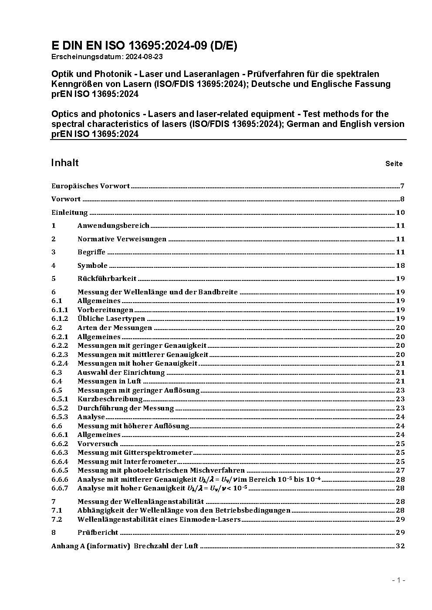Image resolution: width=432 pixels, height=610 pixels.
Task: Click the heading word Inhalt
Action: pos(65,163)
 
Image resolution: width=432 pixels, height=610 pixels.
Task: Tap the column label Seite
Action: pos(394,164)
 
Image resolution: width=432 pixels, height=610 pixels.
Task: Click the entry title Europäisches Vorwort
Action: pos(91,186)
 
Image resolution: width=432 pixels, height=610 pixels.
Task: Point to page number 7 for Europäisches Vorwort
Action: pos(402,186)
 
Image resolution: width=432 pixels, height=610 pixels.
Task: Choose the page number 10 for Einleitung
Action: pos(400,213)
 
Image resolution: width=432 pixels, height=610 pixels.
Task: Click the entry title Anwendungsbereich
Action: pos(113,226)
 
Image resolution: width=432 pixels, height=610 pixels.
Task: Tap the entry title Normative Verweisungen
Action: pos(122,239)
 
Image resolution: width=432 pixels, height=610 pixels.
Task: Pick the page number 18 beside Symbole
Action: pos(400,266)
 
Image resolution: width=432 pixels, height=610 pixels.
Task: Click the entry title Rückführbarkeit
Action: pos(107,279)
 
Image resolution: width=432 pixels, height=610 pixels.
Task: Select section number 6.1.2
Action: pos(60,319)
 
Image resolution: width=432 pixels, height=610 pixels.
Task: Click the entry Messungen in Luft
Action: pos(109,381)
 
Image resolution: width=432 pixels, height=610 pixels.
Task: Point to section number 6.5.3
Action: pos(60,417)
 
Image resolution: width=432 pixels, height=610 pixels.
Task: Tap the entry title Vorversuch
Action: pos(98,444)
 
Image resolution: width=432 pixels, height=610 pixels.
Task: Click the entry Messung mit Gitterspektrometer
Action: pos(135,453)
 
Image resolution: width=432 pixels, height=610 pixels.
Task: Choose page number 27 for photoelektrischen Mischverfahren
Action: pos(400,470)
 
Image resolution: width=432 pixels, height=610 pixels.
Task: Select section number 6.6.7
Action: pos(60,488)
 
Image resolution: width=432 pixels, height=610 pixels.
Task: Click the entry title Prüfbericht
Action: pos(98,533)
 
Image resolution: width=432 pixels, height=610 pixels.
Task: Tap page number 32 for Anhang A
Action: pos(400,546)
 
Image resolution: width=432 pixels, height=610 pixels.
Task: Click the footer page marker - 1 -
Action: pos(398,580)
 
